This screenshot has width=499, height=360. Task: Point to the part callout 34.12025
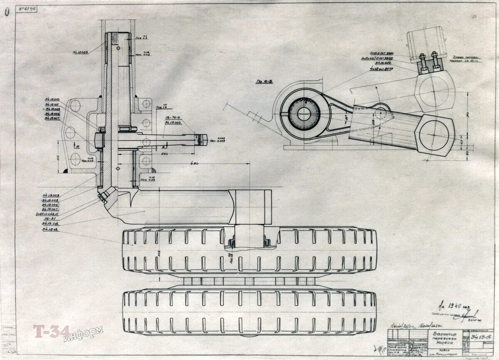[81, 52]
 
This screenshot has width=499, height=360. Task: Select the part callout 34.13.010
[52, 99]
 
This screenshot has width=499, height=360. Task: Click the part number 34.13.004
[172, 122]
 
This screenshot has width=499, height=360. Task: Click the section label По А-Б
[264, 82]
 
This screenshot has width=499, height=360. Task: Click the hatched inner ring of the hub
[304, 114]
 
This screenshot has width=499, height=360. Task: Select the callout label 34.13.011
[52, 104]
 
